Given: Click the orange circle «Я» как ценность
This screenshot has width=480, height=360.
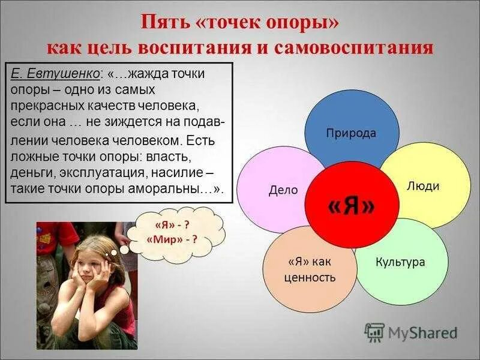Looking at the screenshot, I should click(308, 270).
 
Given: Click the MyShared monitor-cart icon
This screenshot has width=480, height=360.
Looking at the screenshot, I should click(374, 332).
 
